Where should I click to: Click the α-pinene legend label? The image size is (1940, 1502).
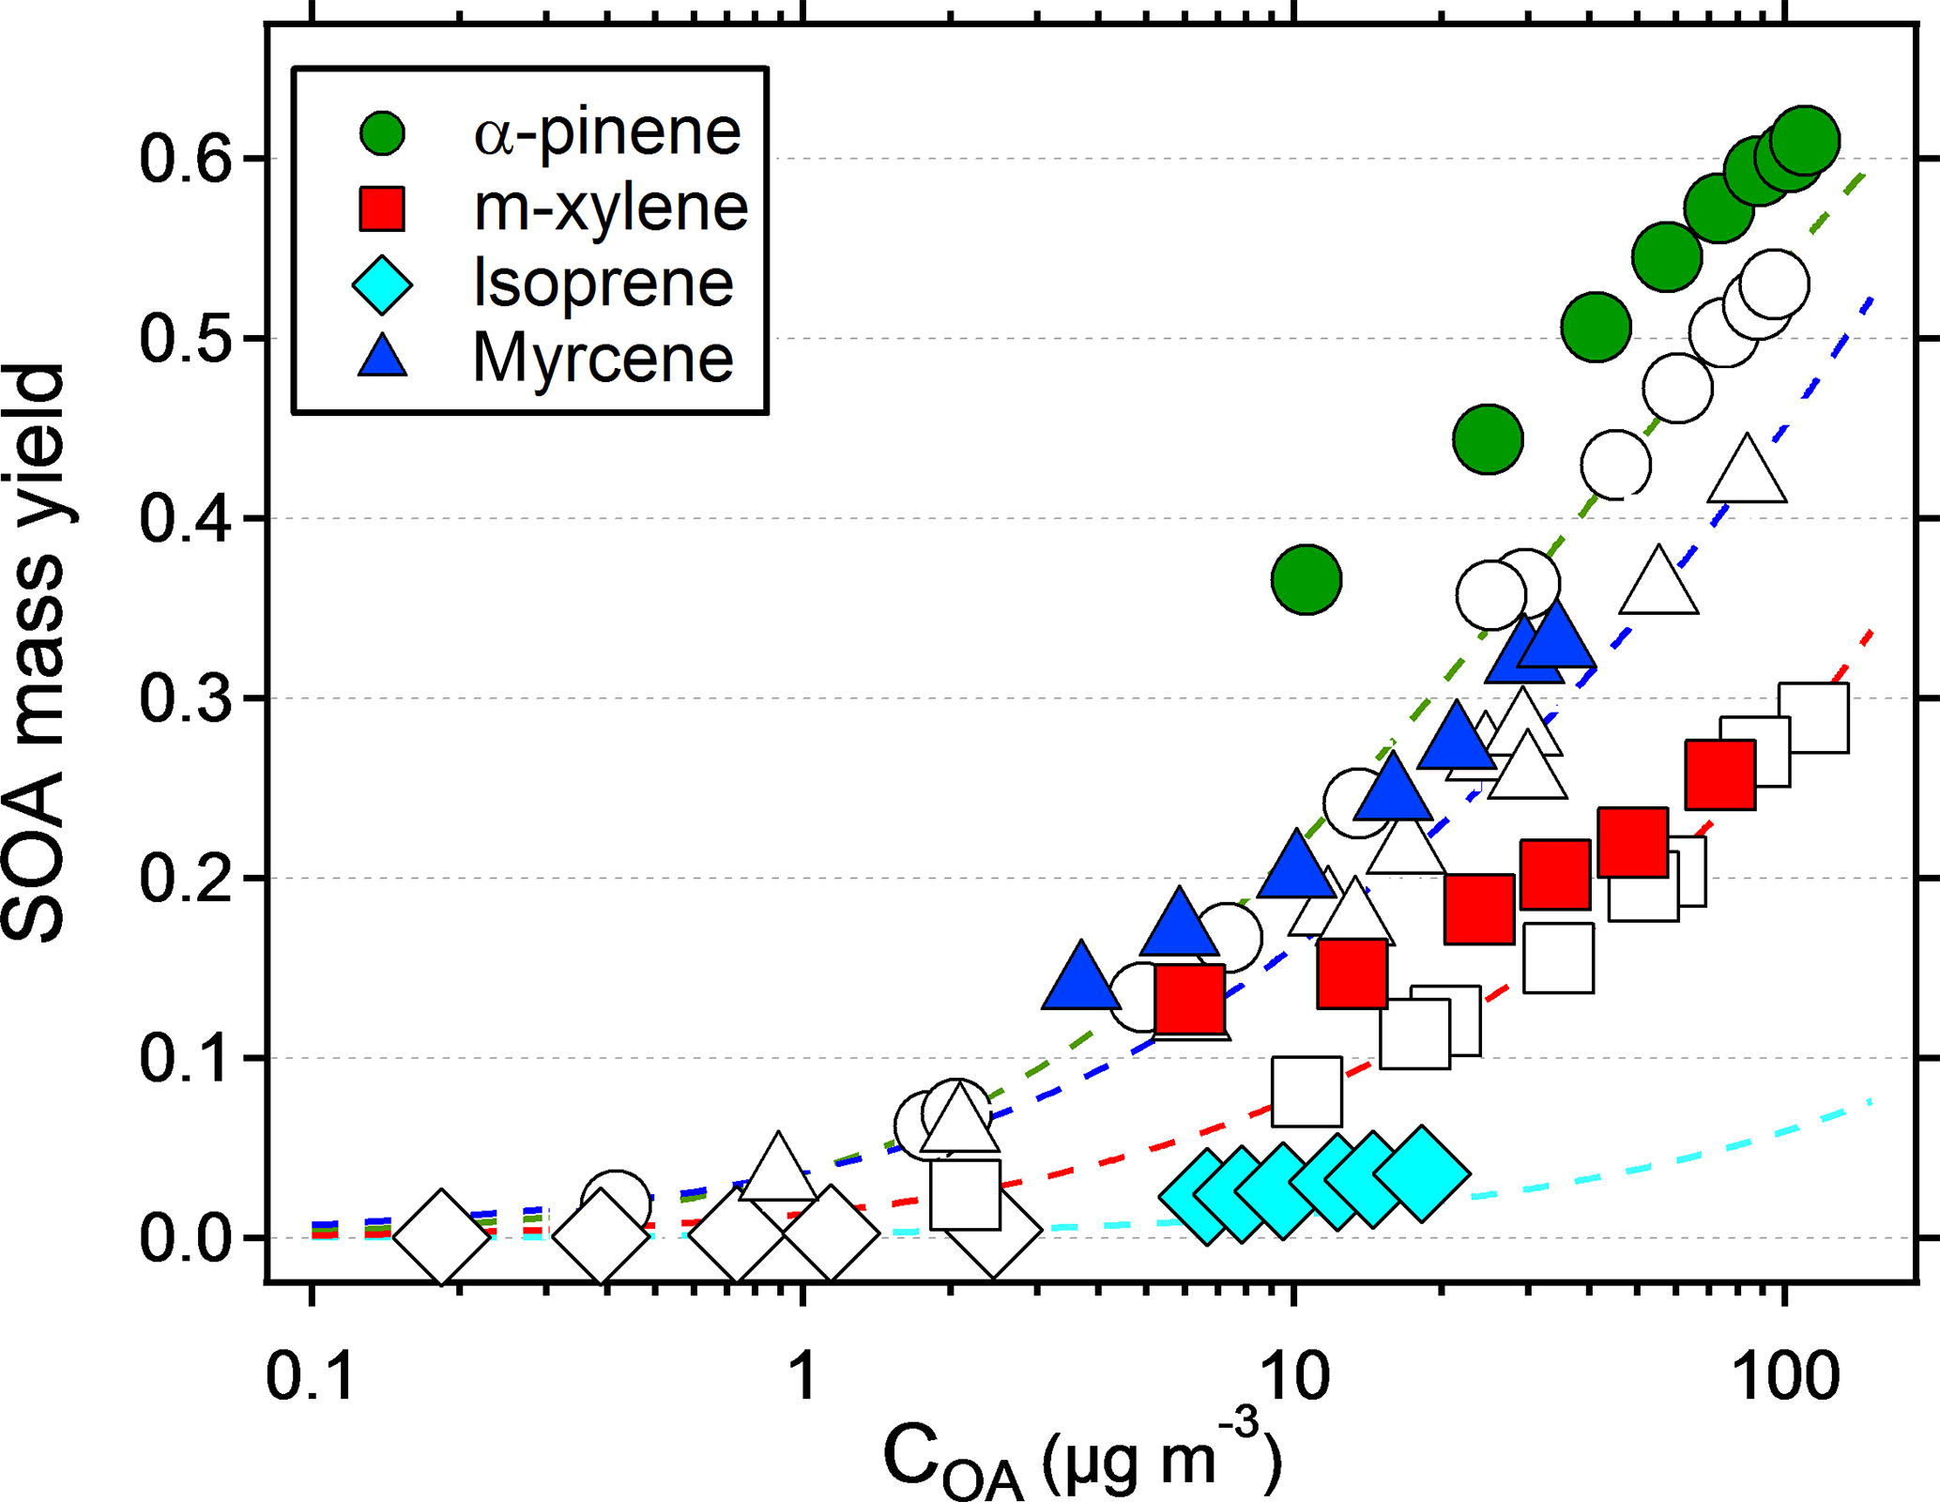[x=607, y=132]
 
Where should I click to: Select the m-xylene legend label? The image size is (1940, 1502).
[x=611, y=207]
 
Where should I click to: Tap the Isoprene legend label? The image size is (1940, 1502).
[x=603, y=283]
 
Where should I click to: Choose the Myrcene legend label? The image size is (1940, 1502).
[x=603, y=358]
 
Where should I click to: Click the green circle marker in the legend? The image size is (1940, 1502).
[x=383, y=133]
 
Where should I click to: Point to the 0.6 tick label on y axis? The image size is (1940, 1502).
[x=185, y=159]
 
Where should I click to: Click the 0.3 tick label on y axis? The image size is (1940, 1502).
[x=185, y=698]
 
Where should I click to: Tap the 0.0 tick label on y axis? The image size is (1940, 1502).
[x=185, y=1238]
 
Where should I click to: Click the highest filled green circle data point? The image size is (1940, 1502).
[x=1804, y=141]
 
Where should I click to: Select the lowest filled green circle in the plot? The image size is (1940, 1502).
[x=1306, y=579]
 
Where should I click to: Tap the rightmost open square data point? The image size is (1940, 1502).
[x=1814, y=718]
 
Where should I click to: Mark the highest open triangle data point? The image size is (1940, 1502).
[x=1746, y=471]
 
